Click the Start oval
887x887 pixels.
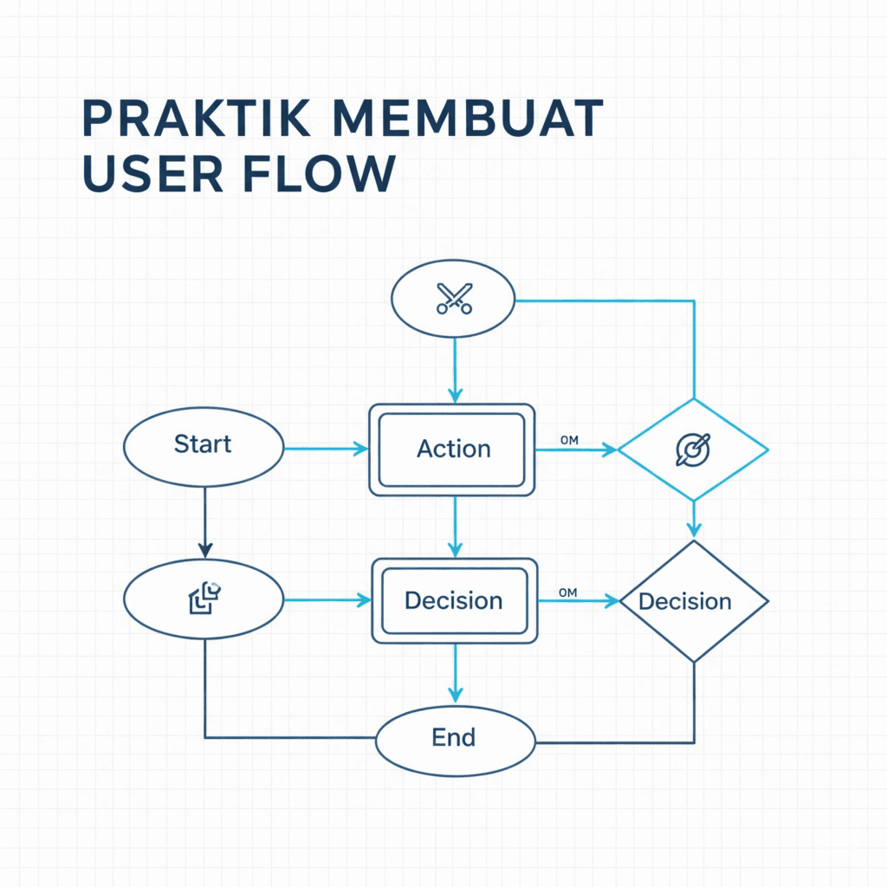(x=204, y=446)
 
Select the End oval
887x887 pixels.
(x=455, y=738)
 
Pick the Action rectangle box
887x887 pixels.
(x=452, y=450)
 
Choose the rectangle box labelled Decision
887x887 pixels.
(x=454, y=601)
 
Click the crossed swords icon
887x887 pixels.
(x=454, y=301)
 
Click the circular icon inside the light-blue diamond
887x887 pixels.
(x=693, y=449)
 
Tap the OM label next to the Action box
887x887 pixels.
(x=569, y=441)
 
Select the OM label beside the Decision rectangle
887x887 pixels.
(x=568, y=592)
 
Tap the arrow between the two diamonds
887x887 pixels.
(x=693, y=519)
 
